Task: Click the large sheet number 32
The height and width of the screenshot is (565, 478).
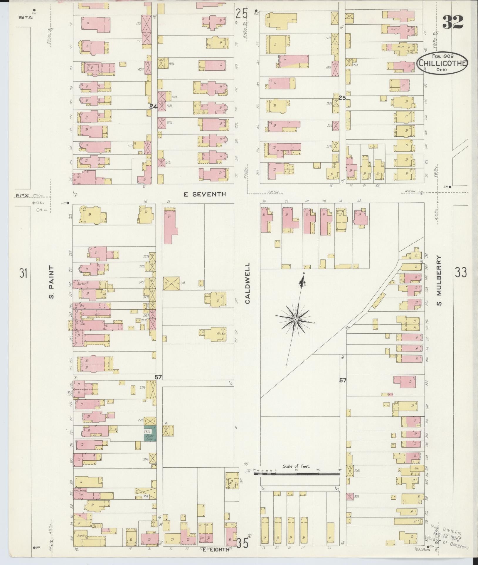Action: (453, 22)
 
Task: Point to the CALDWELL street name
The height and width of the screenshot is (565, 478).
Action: (248, 283)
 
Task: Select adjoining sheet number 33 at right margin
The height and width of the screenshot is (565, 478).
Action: (461, 272)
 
